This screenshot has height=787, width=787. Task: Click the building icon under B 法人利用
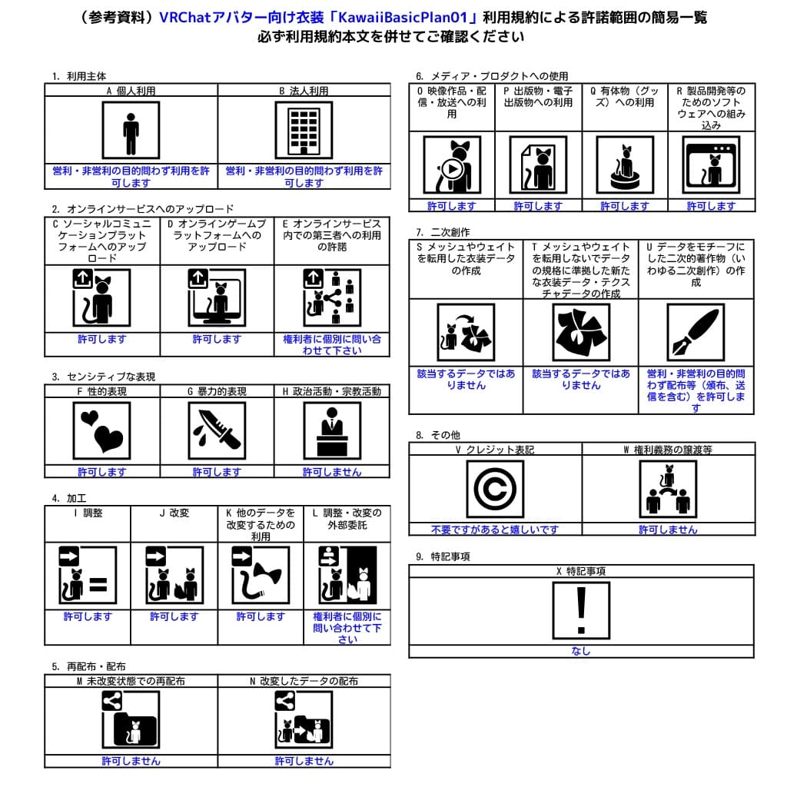pyautogui.click(x=304, y=130)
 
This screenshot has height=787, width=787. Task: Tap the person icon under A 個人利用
pyautogui.click(x=131, y=130)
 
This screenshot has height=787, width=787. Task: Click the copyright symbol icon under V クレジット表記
pyautogui.click(x=495, y=489)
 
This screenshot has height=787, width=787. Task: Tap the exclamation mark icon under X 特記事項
pyautogui.click(x=581, y=610)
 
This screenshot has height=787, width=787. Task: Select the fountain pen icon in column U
pyautogui.click(x=696, y=332)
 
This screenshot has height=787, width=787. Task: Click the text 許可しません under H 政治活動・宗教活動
pyautogui.click(x=332, y=472)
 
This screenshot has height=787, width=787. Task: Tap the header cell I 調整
pyautogui.click(x=88, y=513)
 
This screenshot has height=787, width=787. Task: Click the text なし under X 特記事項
pyautogui.click(x=581, y=651)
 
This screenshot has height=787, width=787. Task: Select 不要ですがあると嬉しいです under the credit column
pyautogui.click(x=495, y=530)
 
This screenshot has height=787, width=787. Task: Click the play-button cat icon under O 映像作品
pyautogui.click(x=452, y=164)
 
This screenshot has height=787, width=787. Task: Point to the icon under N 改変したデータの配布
pyautogui.click(x=304, y=719)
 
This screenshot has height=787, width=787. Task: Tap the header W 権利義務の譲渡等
pyautogui.click(x=668, y=450)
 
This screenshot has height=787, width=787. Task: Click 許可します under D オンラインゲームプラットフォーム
pyautogui.click(x=217, y=339)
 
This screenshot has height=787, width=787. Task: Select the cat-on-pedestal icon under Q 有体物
pyautogui.click(x=625, y=164)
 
